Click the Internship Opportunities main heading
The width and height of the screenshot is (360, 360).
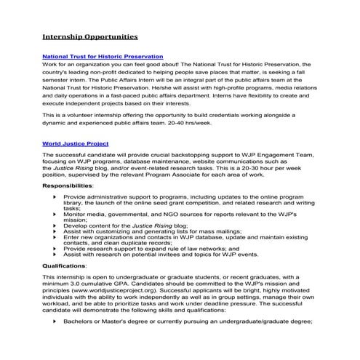(x=89, y=35)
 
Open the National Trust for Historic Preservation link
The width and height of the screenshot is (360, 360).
(x=103, y=57)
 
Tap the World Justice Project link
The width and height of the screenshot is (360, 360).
(x=76, y=143)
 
